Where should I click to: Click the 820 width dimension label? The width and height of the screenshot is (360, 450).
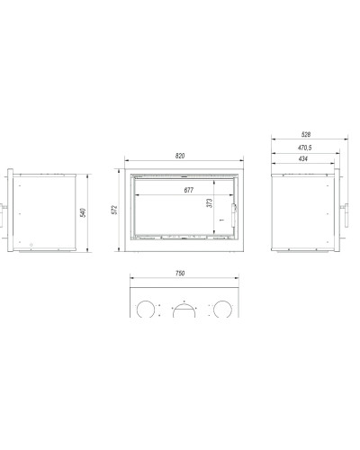pyautogui.click(x=180, y=156)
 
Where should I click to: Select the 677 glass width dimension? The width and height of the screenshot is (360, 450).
pyautogui.click(x=189, y=190)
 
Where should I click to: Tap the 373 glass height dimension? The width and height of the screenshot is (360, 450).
pyautogui.click(x=210, y=203)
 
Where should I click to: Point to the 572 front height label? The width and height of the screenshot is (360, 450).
pyautogui.click(x=114, y=210)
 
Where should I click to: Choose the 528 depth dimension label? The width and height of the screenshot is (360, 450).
pyautogui.click(x=306, y=134)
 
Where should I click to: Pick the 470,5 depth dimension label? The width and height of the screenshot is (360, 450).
pyautogui.click(x=305, y=148)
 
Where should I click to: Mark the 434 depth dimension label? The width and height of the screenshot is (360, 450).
pyautogui.click(x=303, y=158)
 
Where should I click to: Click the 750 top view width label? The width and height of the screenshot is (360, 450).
pyautogui.click(x=180, y=274)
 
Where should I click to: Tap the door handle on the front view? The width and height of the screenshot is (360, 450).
pyautogui.click(x=233, y=215)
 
